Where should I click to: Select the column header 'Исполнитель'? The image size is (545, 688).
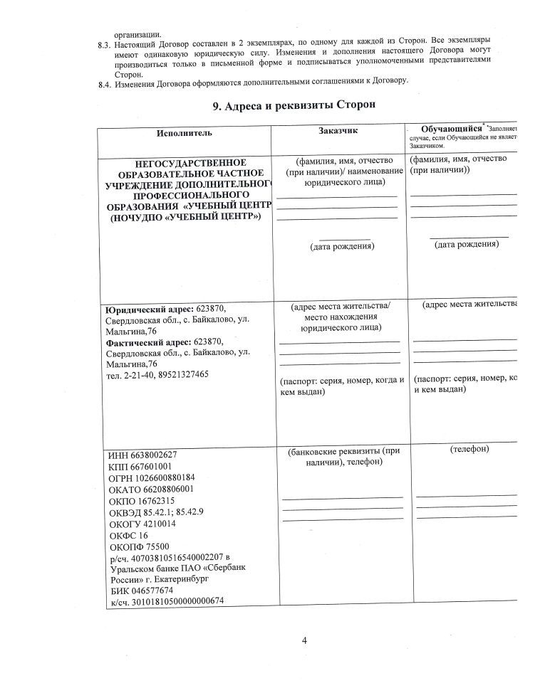pyautogui.click(x=185, y=133)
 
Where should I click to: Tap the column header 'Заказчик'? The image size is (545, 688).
pyautogui.click(x=338, y=131)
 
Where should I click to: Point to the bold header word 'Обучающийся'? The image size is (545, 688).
pyautogui.click(x=447, y=129)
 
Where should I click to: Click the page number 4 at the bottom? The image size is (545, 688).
pyautogui.click(x=304, y=640)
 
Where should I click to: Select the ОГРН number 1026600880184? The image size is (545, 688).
pyautogui.click(x=163, y=478)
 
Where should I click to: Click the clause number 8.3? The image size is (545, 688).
pyautogui.click(x=105, y=42)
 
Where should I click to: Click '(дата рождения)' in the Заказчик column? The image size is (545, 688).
pyautogui.click(x=341, y=246)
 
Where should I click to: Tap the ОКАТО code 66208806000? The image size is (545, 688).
pyautogui.click(x=165, y=489)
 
